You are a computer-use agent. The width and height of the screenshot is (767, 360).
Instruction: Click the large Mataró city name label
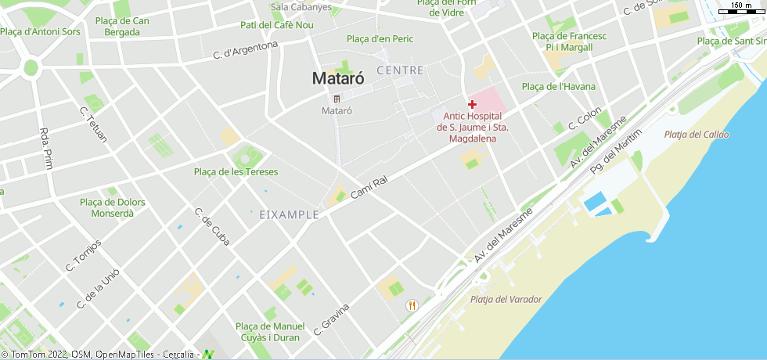click(x=337, y=78)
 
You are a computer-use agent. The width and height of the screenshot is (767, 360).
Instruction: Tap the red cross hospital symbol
click(x=473, y=104)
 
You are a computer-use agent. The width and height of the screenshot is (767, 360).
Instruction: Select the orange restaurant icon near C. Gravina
click(x=412, y=305)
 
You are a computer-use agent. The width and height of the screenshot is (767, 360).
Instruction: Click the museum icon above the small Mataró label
click(x=337, y=99)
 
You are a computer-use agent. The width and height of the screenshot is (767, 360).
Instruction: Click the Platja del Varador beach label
click(x=506, y=299)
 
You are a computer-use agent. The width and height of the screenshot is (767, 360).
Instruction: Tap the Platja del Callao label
click(x=696, y=135)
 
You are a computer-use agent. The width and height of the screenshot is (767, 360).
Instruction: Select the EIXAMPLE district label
click(x=289, y=214)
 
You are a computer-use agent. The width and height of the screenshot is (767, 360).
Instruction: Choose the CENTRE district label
click(x=400, y=70)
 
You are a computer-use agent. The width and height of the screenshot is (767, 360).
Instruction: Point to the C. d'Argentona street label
click(x=246, y=50)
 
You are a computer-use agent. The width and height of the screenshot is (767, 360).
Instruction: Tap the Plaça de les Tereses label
click(x=236, y=171)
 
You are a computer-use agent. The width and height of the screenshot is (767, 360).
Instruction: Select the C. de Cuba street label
click(x=212, y=226)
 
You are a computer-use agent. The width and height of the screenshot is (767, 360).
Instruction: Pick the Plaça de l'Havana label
click(x=558, y=86)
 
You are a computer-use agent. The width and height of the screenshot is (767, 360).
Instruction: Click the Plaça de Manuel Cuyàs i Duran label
click(x=270, y=331)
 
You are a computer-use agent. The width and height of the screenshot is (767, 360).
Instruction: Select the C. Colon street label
click(x=584, y=117)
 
